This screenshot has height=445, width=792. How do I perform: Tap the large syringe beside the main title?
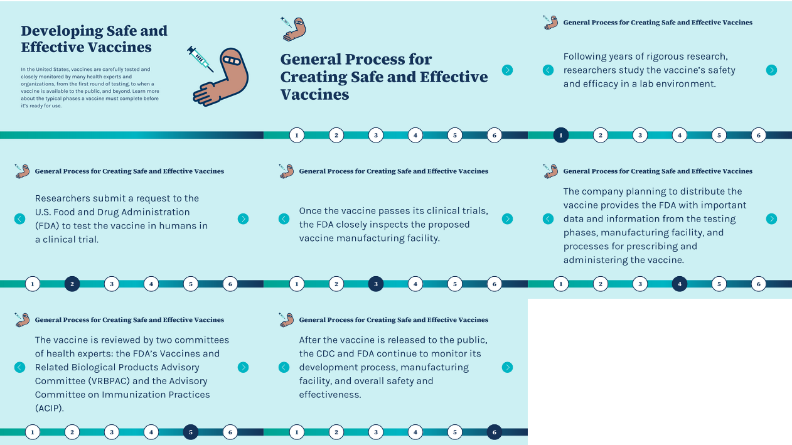[200, 58]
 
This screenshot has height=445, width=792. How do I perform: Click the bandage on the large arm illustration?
[233, 62]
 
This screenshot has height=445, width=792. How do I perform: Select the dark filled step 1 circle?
[561, 135]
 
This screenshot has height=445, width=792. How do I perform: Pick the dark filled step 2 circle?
[72, 284]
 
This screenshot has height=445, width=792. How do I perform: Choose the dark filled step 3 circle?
[376, 284]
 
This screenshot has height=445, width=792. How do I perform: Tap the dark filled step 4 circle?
[680, 284]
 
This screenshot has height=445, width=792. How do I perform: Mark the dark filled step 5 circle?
[191, 432]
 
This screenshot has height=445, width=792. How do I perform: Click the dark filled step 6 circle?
[495, 432]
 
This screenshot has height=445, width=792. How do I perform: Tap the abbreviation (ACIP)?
[49, 409]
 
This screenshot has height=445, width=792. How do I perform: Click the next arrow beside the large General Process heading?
[507, 70]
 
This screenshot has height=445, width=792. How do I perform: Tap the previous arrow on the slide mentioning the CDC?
[284, 368]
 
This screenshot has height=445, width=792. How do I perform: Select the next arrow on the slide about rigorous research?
[771, 70]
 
